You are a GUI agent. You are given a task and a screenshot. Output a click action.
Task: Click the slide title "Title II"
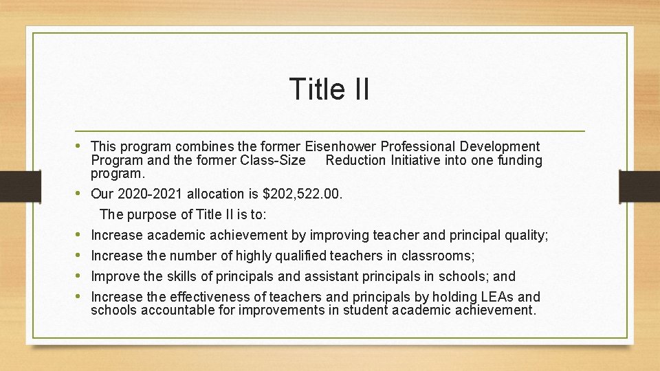[329, 89]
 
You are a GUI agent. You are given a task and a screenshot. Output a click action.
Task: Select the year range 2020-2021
[151, 194]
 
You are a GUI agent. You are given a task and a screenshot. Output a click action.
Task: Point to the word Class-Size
[274, 161]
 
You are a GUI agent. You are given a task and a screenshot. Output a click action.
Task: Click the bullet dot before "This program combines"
[82, 146]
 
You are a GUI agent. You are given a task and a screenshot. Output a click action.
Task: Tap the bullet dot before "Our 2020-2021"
[82, 194]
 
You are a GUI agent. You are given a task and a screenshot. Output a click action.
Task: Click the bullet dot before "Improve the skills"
[82, 276]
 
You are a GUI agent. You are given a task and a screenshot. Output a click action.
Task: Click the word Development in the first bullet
[500, 146]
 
